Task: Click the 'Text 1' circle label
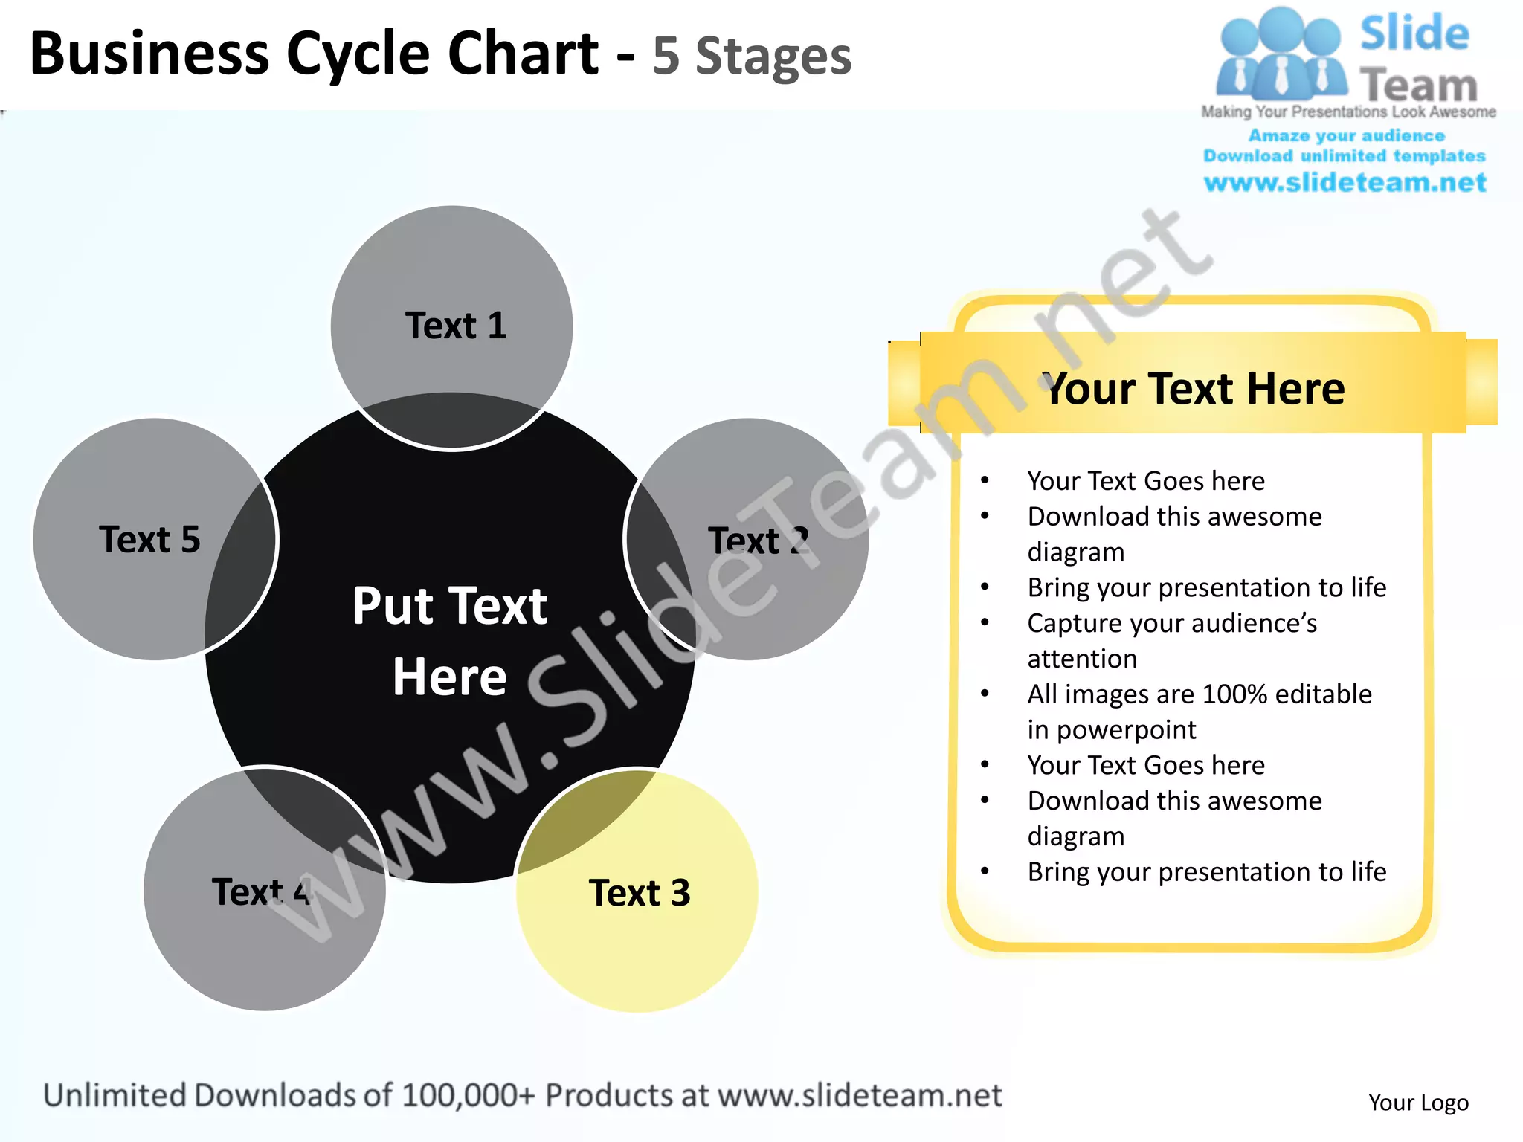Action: pos(455,326)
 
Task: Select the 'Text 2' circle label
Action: pos(758,541)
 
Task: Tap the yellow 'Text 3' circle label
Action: pos(639,893)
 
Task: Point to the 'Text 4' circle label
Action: pos(261,891)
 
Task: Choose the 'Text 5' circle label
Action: pos(149,539)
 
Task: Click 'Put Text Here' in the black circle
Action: pos(450,640)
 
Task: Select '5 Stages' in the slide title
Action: pos(751,57)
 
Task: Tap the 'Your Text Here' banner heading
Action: pos(1194,388)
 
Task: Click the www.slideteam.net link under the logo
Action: pos(1345,182)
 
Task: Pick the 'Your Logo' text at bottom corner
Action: pos(1418,1102)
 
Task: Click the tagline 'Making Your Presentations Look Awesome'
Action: pos(1348,112)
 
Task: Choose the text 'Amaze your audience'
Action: pos(1346,135)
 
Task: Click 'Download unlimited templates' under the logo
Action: pos(1345,155)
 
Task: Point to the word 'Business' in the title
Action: pos(149,54)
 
